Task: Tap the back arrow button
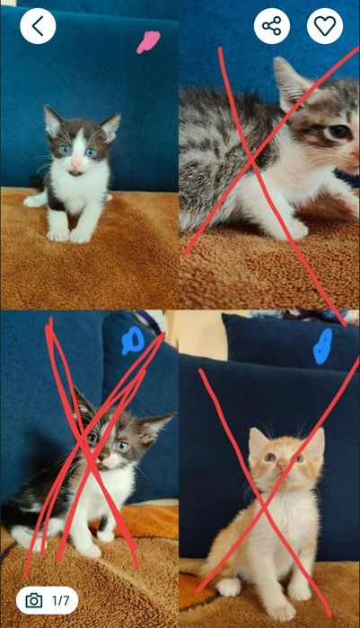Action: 38,26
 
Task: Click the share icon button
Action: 272,26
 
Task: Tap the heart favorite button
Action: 325,26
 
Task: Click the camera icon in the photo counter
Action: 34,600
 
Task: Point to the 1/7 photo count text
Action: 60,600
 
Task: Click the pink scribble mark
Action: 148,42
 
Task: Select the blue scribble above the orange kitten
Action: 323,346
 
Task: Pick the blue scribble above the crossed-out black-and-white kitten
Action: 133,341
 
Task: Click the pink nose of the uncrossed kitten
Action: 75,164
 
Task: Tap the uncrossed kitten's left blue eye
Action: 66,150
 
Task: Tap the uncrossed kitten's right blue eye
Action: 91,153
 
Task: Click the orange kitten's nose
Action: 282,464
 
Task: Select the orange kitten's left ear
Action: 257,441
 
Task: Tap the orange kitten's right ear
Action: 315,442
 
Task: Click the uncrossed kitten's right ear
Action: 110,126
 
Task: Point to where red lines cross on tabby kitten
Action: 251,160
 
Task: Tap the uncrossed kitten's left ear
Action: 52,120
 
